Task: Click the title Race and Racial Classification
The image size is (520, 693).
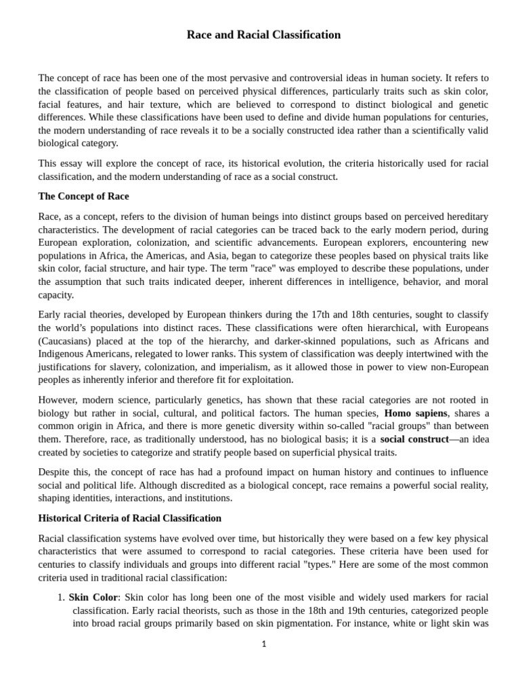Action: pos(263,35)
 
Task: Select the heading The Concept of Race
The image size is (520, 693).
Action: pos(83,196)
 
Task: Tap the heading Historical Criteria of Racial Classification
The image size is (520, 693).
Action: pos(130,518)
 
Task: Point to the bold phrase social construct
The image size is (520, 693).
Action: pos(414,439)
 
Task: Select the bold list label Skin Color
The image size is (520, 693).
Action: pos(93,598)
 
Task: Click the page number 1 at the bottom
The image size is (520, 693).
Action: pos(264,644)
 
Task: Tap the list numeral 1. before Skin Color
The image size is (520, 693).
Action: pos(60,598)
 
